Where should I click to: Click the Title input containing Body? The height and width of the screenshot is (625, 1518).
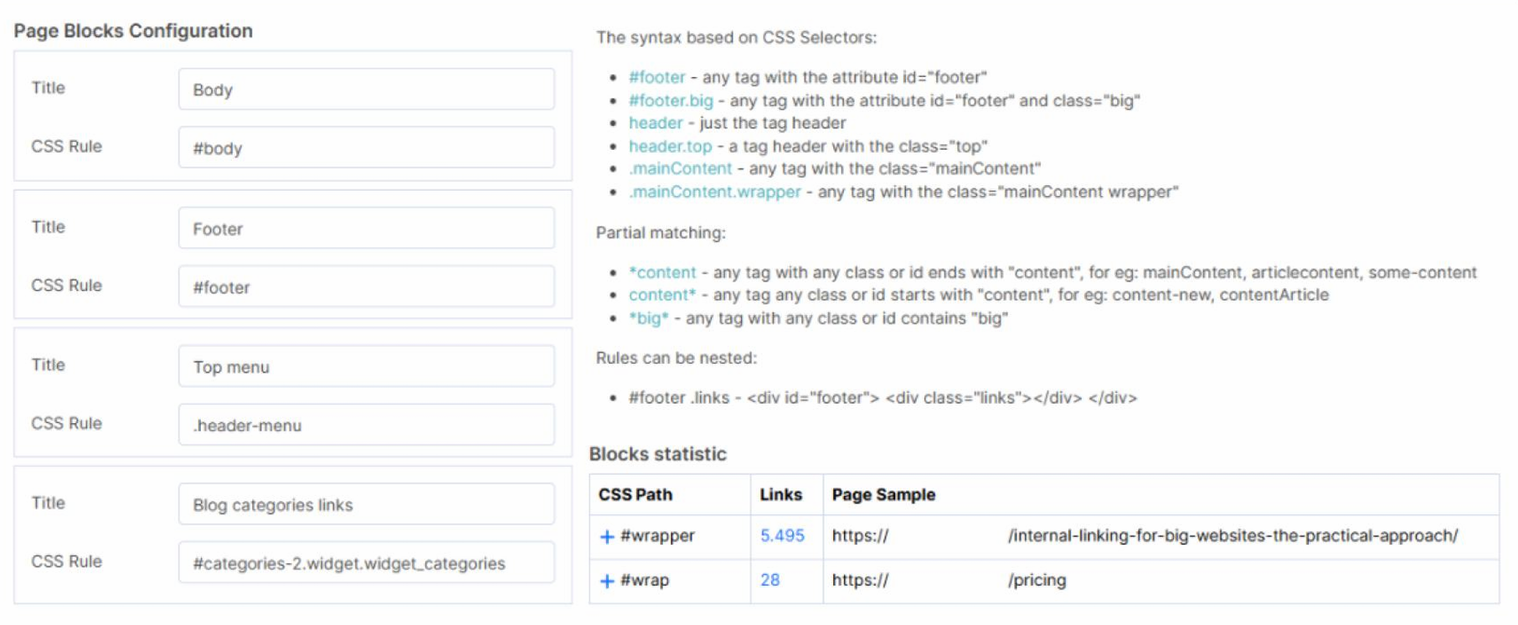click(x=366, y=89)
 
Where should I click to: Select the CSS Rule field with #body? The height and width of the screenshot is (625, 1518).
click(x=366, y=147)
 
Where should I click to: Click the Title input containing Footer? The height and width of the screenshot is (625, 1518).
click(x=366, y=228)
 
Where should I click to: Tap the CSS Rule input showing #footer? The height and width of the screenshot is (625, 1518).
click(x=366, y=287)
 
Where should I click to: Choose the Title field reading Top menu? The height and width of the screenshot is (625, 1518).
click(x=366, y=366)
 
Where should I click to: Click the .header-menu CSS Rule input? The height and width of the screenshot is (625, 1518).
click(x=366, y=425)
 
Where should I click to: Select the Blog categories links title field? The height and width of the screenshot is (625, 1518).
click(x=366, y=504)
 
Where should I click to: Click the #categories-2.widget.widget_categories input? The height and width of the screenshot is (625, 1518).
click(x=366, y=563)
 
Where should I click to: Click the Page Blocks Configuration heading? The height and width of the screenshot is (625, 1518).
click(x=133, y=31)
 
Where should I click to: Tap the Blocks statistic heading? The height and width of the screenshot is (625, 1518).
click(x=657, y=454)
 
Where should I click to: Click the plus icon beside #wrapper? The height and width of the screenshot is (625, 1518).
click(x=607, y=536)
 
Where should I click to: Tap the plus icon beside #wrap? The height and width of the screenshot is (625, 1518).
click(x=607, y=581)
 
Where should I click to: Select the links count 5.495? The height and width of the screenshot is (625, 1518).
click(x=782, y=535)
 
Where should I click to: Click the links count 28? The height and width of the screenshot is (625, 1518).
click(x=770, y=580)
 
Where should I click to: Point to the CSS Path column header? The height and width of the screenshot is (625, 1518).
click(x=635, y=494)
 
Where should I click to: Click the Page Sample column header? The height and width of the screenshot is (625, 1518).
click(x=883, y=494)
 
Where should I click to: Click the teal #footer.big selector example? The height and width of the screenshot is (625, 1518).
click(x=671, y=101)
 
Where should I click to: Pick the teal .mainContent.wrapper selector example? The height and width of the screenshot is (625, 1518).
click(x=714, y=192)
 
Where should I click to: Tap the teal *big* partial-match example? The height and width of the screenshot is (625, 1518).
click(x=649, y=318)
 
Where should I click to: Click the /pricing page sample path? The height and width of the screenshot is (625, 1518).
click(x=1037, y=580)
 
